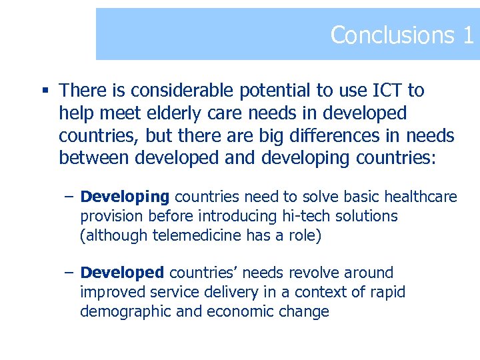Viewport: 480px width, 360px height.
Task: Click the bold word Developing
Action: (125, 197)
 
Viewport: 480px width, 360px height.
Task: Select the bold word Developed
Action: (122, 273)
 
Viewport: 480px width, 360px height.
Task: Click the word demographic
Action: (123, 311)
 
